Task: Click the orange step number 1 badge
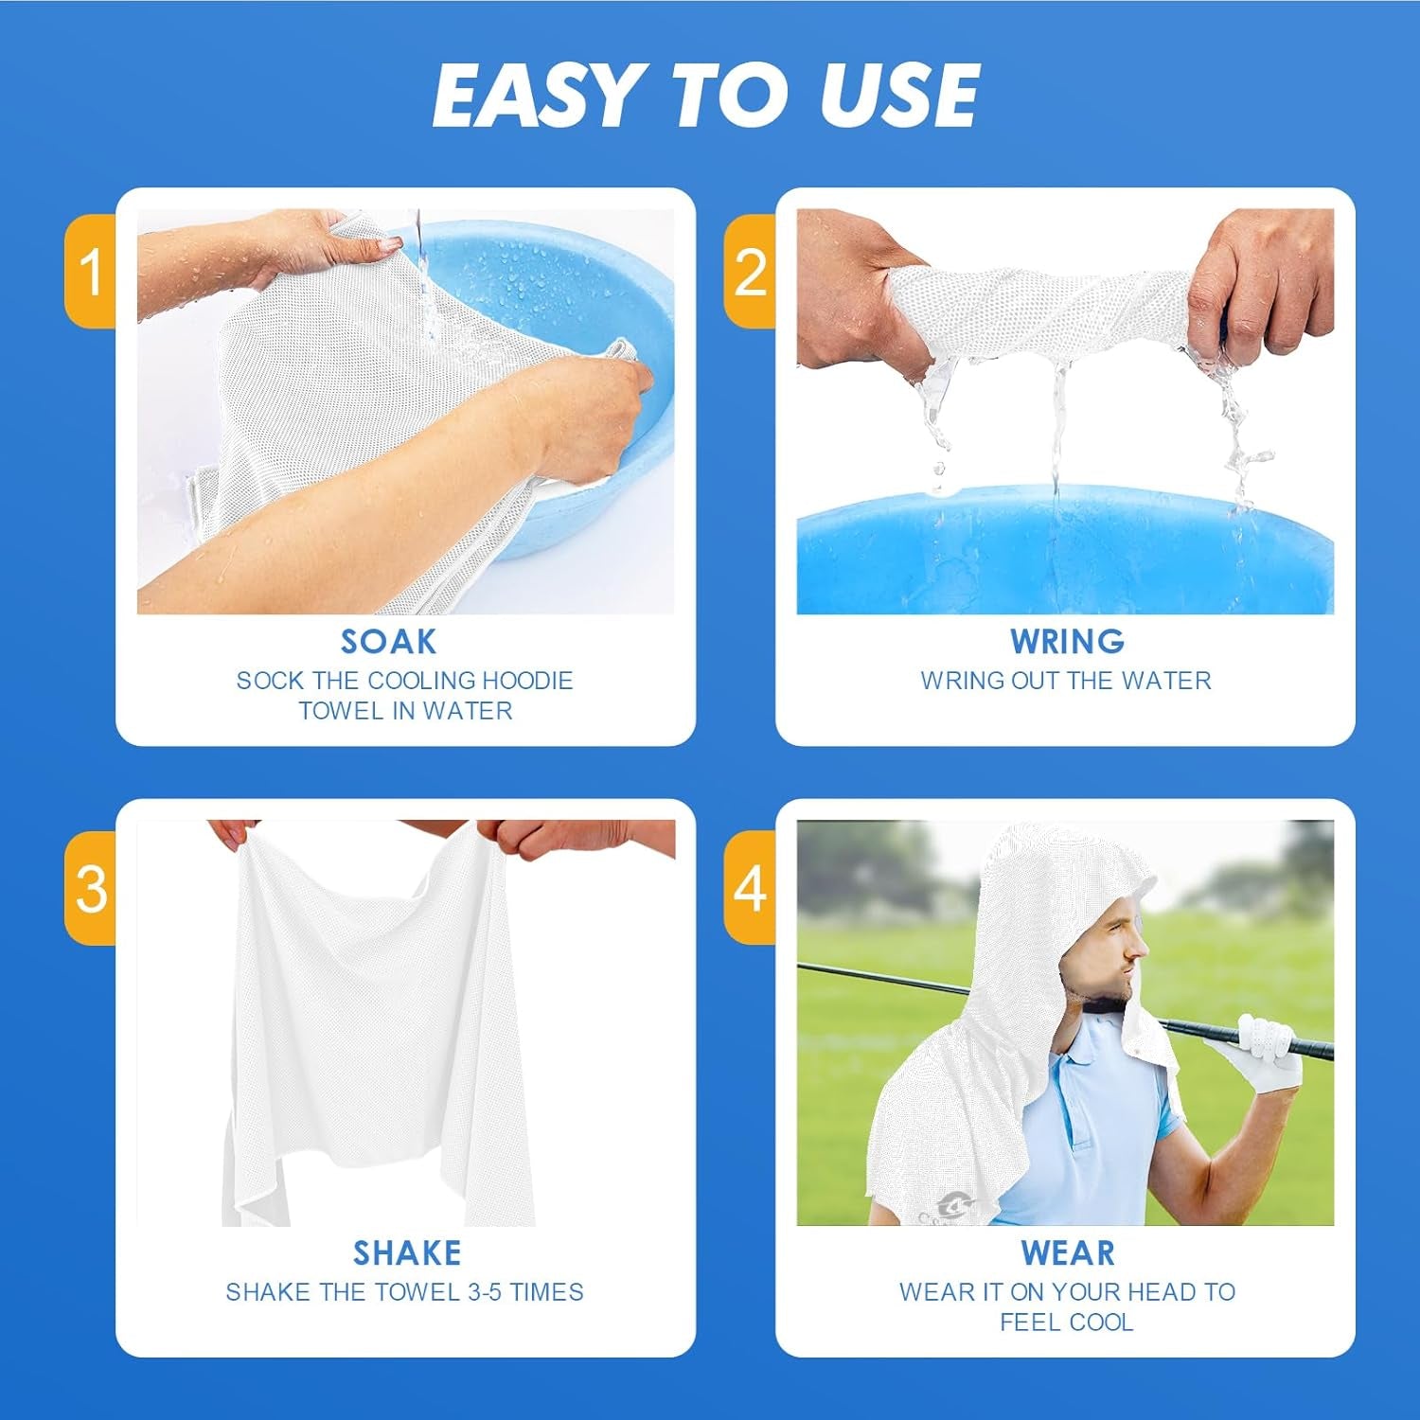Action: pos(91,272)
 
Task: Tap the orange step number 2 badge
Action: pos(750,272)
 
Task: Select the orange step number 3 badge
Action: pos(91,888)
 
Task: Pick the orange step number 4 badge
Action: pos(750,888)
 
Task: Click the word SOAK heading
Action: pos(388,642)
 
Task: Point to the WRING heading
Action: pos(1067,642)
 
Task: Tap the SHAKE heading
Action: pos(407,1253)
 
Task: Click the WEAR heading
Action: pos(1067,1253)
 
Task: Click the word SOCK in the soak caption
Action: pos(271,681)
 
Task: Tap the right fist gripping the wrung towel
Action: pos(1264,284)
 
